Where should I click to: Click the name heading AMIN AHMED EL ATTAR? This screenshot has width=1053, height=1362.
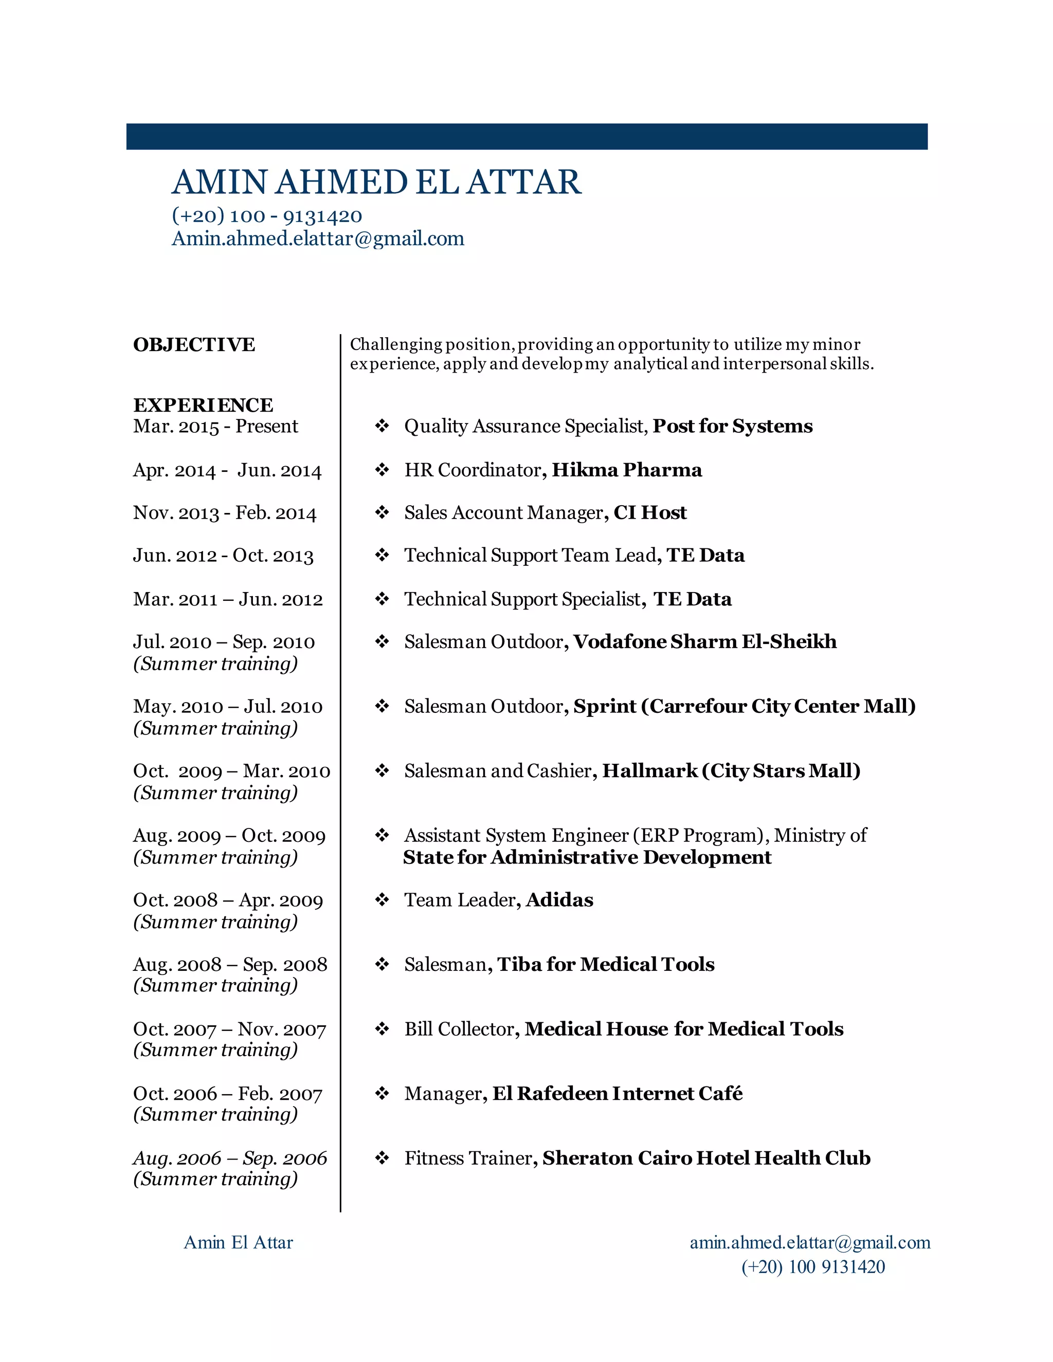(376, 182)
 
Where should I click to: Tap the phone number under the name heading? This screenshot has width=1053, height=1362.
(266, 216)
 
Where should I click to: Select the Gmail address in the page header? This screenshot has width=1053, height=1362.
(318, 239)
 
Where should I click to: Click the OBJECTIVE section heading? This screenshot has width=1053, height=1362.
(194, 345)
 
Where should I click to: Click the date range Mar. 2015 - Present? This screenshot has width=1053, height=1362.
(215, 427)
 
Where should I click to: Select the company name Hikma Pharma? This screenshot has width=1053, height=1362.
(626, 470)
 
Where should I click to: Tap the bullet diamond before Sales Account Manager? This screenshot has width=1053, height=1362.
(382, 512)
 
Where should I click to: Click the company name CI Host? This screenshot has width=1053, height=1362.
(649, 512)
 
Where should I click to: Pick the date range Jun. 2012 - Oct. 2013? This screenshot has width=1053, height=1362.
(223, 556)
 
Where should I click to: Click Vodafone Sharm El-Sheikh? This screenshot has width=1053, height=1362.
(704, 642)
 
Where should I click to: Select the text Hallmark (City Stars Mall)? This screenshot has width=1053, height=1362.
(731, 771)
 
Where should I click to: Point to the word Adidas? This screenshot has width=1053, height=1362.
(559, 900)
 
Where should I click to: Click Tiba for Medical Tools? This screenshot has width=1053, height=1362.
(605, 965)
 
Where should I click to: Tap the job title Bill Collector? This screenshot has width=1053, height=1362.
(459, 1029)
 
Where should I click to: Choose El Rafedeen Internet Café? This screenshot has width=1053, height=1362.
(617, 1094)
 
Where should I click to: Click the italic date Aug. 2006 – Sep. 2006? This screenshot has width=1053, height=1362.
(229, 1158)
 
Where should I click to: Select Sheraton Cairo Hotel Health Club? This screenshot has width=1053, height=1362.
(705, 1158)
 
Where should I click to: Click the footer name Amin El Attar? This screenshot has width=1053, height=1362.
(238, 1242)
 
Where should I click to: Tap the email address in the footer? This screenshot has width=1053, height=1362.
(809, 1242)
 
